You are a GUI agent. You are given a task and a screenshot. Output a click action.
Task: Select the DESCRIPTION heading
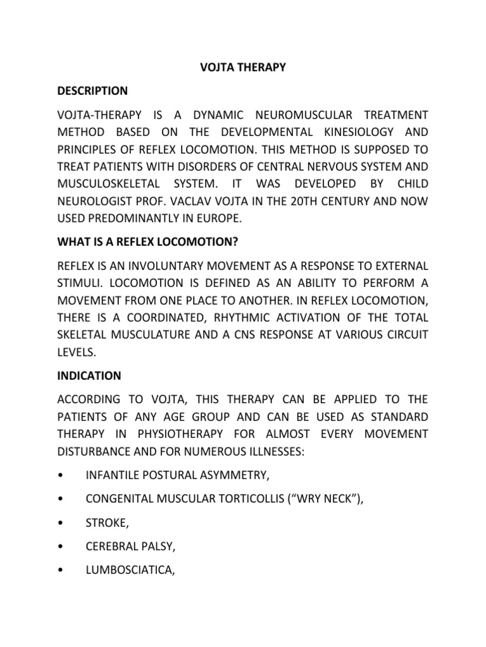pos(92,91)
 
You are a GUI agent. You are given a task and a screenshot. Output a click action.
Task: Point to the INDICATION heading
pos(89,375)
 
